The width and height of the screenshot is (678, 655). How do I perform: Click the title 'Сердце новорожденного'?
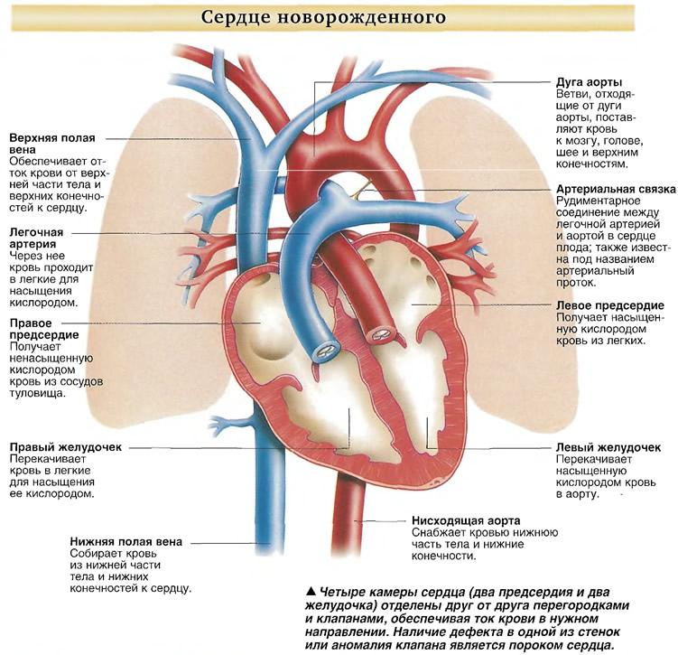click(323, 18)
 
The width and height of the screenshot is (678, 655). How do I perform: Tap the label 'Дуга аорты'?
click(589, 82)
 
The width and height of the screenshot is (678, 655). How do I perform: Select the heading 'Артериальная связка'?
click(616, 189)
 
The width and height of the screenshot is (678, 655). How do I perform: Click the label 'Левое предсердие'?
click(609, 305)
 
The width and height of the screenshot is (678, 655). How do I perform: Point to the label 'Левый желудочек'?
click(608, 447)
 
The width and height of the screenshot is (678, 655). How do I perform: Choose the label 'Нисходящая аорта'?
click(466, 520)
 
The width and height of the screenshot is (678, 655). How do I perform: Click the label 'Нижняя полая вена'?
click(125, 542)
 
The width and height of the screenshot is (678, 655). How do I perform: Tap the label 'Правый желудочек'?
click(66, 447)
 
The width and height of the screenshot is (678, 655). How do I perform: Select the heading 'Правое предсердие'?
click(44, 329)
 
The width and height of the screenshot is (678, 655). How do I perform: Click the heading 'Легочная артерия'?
click(36, 238)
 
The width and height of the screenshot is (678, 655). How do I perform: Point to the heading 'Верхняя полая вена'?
click(51, 144)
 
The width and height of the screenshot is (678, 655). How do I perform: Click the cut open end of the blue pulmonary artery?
click(326, 351)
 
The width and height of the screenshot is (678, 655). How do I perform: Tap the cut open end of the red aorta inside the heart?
click(382, 334)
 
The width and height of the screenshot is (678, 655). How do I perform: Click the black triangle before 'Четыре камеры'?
click(310, 591)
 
